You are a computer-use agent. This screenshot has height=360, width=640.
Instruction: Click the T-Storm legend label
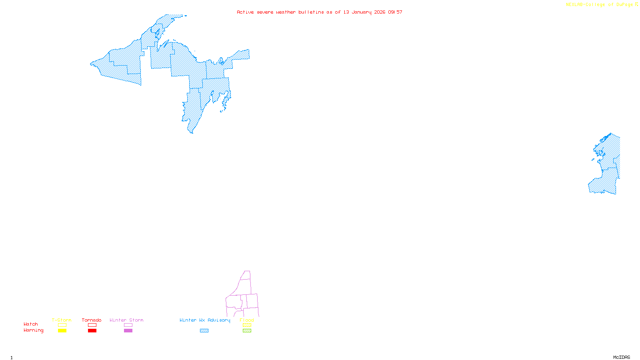pos(62,320)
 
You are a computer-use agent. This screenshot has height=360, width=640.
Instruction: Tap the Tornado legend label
pos(92,320)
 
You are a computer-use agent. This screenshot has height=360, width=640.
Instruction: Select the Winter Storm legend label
pos(126,320)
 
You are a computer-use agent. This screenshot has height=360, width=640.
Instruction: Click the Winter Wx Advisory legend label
pos(205,320)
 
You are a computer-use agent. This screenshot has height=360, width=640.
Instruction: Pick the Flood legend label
pos(247,320)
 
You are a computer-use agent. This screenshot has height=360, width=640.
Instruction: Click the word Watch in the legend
pos(31,324)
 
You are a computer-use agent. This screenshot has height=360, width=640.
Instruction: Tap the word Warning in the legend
pos(34,330)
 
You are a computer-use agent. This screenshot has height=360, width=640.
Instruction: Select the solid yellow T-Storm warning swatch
pos(62,331)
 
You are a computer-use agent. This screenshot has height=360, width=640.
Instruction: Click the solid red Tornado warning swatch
pos(92,331)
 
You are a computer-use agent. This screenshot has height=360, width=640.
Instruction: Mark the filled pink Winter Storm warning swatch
pos(128,331)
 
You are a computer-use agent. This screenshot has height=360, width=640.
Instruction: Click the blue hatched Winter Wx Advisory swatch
pos(204,331)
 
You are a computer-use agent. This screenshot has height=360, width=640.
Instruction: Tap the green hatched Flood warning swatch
pos(247,331)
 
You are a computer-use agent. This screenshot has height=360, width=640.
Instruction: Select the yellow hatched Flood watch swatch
pos(247,325)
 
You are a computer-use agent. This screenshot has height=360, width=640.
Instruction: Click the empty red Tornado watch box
pos(92,325)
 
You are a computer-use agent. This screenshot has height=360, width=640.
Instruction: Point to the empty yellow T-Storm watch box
pos(62,325)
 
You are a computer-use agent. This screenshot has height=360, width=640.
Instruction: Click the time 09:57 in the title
pos(395,12)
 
